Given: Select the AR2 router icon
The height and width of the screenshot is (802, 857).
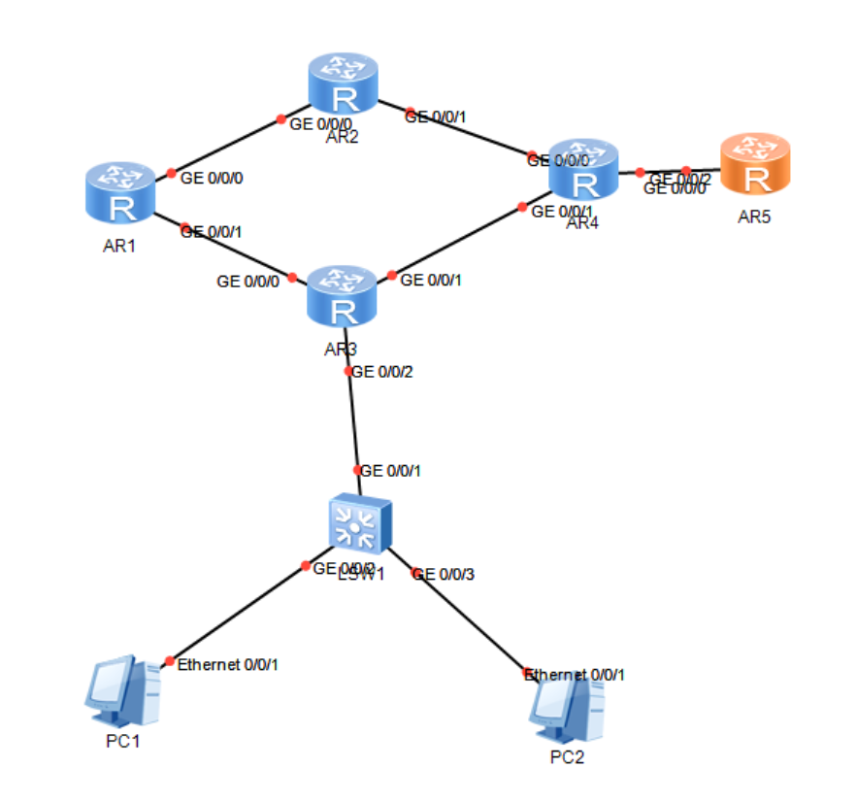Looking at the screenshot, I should (342, 84).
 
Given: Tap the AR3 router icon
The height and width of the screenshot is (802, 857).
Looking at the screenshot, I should (342, 297).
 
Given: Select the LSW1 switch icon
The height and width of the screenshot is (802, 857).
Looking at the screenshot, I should (360, 523).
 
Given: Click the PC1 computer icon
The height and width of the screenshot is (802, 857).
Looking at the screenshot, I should (121, 690).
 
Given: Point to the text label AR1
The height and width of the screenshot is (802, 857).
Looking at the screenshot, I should (120, 246).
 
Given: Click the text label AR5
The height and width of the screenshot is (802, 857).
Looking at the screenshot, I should (754, 217).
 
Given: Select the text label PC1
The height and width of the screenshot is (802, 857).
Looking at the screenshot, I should (123, 743).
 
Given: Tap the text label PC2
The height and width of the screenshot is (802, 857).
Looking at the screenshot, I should (567, 757).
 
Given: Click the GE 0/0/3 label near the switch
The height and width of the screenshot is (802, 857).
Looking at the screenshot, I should (444, 574).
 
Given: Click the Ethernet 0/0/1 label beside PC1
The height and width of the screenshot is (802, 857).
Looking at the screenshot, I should (227, 664).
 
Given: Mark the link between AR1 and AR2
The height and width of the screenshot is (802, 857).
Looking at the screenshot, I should (226, 147).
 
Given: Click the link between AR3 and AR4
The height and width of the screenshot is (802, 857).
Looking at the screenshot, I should (456, 242).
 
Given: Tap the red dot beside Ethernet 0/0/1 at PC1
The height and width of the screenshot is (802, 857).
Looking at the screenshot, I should (170, 661).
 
